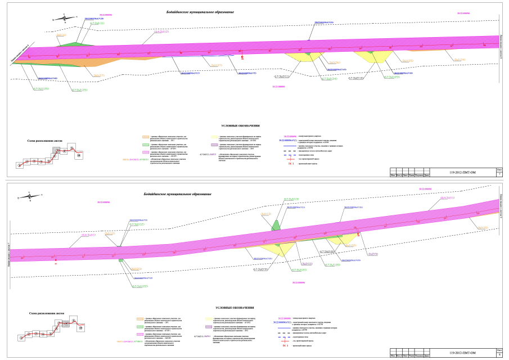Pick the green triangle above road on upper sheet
click(x=73, y=43)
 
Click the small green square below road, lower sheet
click(x=121, y=260)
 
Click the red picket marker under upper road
click(x=242, y=57)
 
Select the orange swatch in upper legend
click(x=146, y=137)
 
